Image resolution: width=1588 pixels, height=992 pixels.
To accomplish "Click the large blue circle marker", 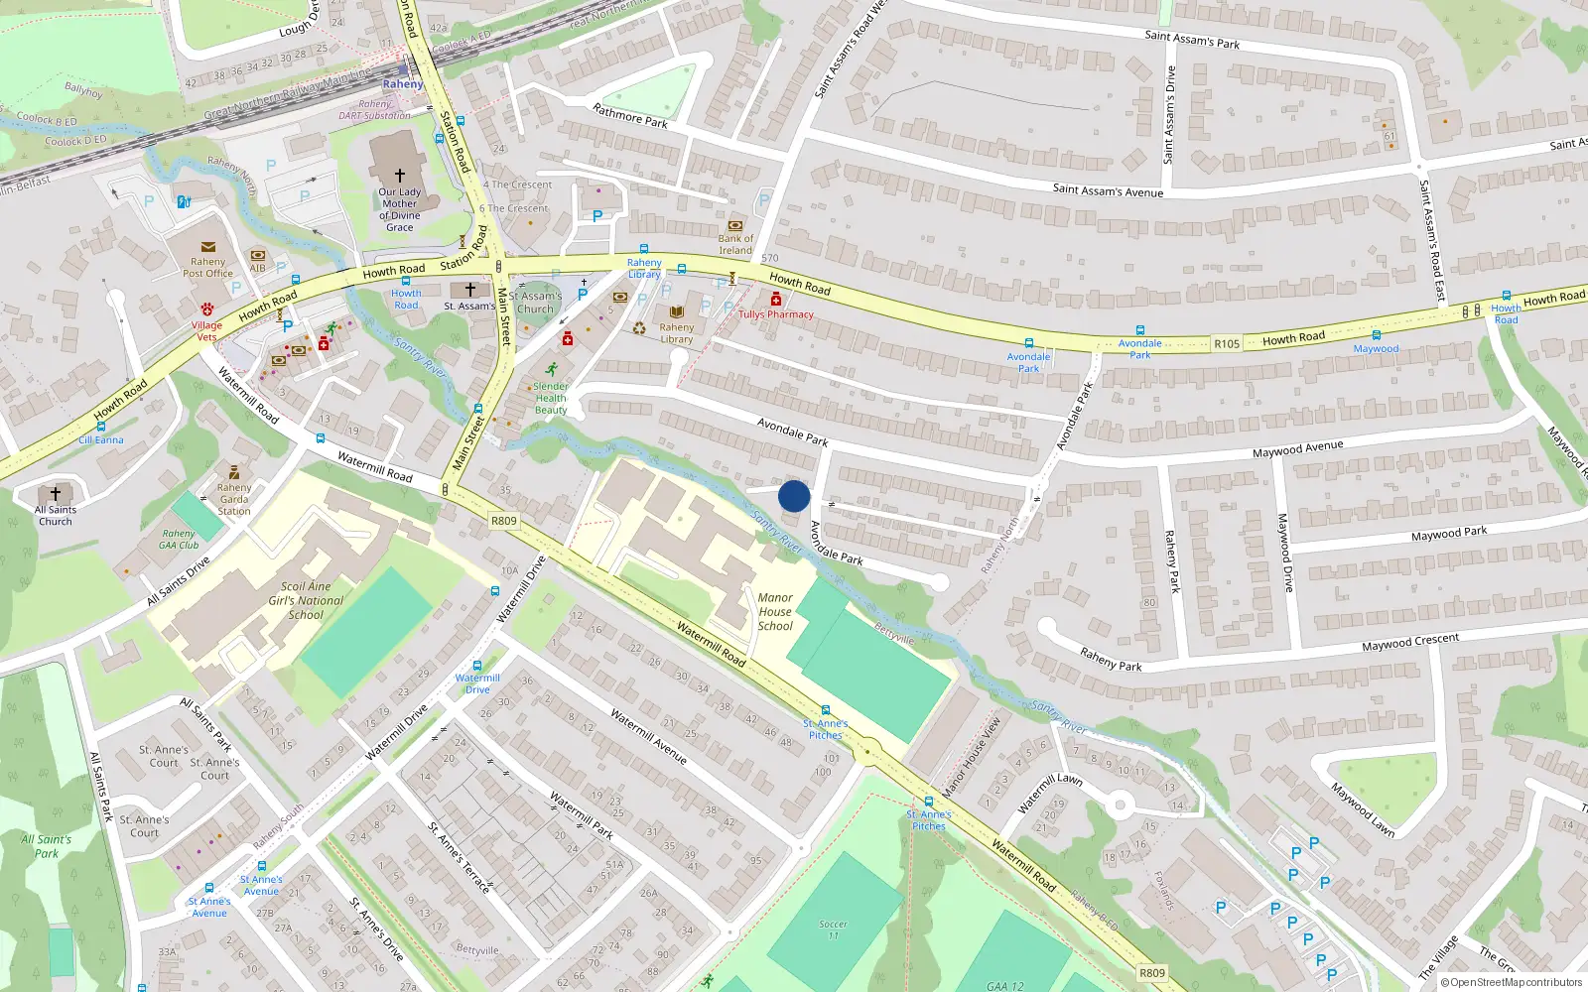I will click(x=794, y=496).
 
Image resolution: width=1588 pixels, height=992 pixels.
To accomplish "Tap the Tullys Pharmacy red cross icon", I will click(x=776, y=300).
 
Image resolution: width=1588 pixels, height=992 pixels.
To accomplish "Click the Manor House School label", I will click(x=775, y=612).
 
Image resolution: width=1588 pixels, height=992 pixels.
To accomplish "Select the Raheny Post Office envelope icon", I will click(x=208, y=247).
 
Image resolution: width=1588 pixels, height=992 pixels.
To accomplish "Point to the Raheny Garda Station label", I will click(x=234, y=499).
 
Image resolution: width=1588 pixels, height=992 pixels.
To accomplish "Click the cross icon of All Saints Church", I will click(x=56, y=493).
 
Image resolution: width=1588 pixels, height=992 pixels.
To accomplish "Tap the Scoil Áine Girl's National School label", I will click(x=306, y=600).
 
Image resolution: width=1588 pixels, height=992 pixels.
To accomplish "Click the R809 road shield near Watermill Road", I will click(x=504, y=521).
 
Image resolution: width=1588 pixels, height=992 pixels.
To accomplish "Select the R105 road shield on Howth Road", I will click(x=1227, y=344).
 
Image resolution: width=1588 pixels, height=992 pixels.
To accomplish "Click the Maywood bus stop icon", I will click(x=1377, y=336).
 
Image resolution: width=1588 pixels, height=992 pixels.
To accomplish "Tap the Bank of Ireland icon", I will click(x=735, y=225).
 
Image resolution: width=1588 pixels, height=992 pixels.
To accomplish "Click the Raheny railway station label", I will click(x=403, y=84).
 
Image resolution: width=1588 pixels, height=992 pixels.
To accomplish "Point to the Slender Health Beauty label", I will click(x=551, y=399).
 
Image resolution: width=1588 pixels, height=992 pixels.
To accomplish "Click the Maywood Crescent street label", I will click(x=1410, y=643).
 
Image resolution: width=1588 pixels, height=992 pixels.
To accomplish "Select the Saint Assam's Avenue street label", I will click(x=1108, y=190).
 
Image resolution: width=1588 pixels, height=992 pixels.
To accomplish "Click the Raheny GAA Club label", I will click(x=180, y=539).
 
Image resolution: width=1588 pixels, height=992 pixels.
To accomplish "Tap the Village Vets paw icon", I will click(x=207, y=310).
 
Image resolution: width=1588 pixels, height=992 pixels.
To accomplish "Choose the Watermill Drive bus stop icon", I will click(x=477, y=667).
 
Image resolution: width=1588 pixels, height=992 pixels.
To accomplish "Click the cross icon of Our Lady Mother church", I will click(x=400, y=176).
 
